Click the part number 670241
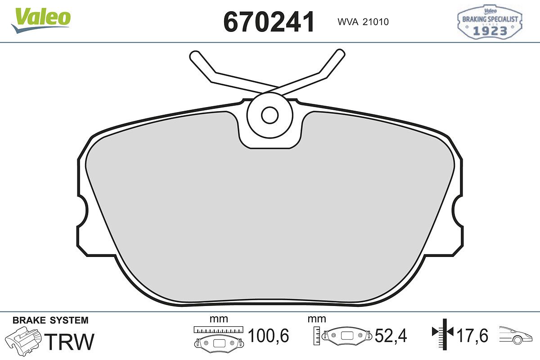[269, 22]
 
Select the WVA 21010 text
[363, 22]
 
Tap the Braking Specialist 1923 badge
[490, 22]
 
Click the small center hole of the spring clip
[270, 115]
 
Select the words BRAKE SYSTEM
[50, 320]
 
